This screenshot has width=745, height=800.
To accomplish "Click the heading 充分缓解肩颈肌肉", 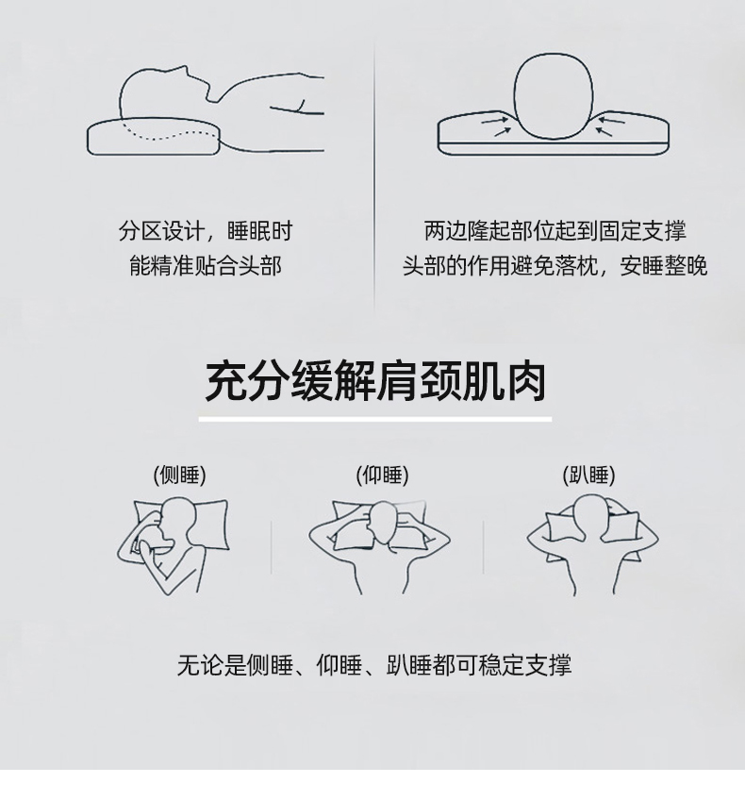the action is (375, 381).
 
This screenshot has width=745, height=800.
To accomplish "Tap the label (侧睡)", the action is (179, 475).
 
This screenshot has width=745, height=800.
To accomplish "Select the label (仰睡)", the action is (382, 475).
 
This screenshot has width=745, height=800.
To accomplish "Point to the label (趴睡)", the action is (588, 475).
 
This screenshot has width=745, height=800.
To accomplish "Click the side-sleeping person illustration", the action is (174, 545).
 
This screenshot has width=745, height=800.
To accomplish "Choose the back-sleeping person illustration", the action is (379, 546).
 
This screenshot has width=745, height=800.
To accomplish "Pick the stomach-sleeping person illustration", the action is (592, 544).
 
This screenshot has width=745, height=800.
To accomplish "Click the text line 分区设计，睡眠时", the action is (206, 231).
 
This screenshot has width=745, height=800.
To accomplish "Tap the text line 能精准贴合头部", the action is (206, 266).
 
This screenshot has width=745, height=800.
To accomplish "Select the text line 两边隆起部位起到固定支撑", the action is (555, 231).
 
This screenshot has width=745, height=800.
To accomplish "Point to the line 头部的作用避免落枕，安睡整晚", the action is (555, 266).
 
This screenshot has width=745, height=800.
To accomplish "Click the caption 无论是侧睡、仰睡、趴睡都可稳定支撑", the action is (374, 665).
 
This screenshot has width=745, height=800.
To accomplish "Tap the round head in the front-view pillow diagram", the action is (554, 96).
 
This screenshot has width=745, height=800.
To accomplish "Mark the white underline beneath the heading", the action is (375, 420).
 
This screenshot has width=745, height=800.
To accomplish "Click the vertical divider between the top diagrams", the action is (374, 176).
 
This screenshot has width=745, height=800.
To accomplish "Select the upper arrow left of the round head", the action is (495, 121).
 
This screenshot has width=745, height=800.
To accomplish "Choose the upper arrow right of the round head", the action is (611, 121).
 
